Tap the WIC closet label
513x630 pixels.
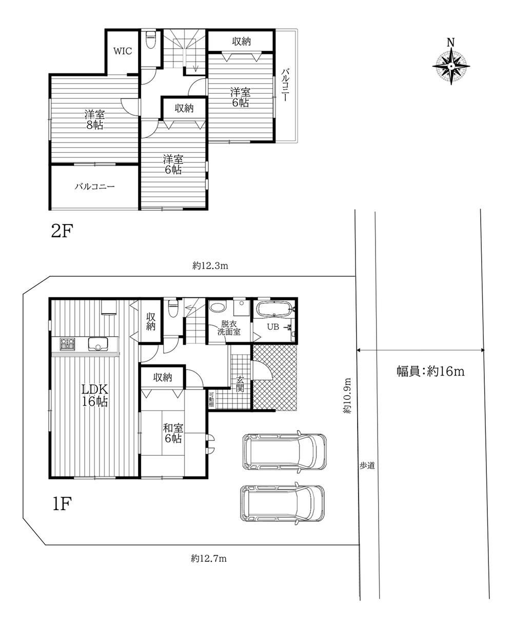click(x=123, y=51)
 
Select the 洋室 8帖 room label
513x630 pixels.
click(x=95, y=120)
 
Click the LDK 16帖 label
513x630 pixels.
click(x=95, y=395)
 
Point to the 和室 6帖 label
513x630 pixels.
click(x=173, y=433)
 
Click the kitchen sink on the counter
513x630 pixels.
click(x=98, y=344)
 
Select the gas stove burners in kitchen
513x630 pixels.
click(x=68, y=344)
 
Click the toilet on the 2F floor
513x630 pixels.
click(x=151, y=39)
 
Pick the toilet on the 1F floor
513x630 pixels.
click(x=172, y=309)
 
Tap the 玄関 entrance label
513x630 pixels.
click(x=240, y=383)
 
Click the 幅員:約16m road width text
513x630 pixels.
click(x=430, y=372)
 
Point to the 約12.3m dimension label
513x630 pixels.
click(x=210, y=266)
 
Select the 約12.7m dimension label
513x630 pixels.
click(x=209, y=558)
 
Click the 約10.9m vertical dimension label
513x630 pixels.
click(x=347, y=395)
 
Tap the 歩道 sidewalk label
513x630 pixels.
click(x=367, y=466)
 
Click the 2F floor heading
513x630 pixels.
click(x=62, y=231)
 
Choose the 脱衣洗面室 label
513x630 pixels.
click(x=229, y=328)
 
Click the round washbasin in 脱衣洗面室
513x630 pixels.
click(x=218, y=307)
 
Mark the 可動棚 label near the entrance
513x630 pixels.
click(x=211, y=400)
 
